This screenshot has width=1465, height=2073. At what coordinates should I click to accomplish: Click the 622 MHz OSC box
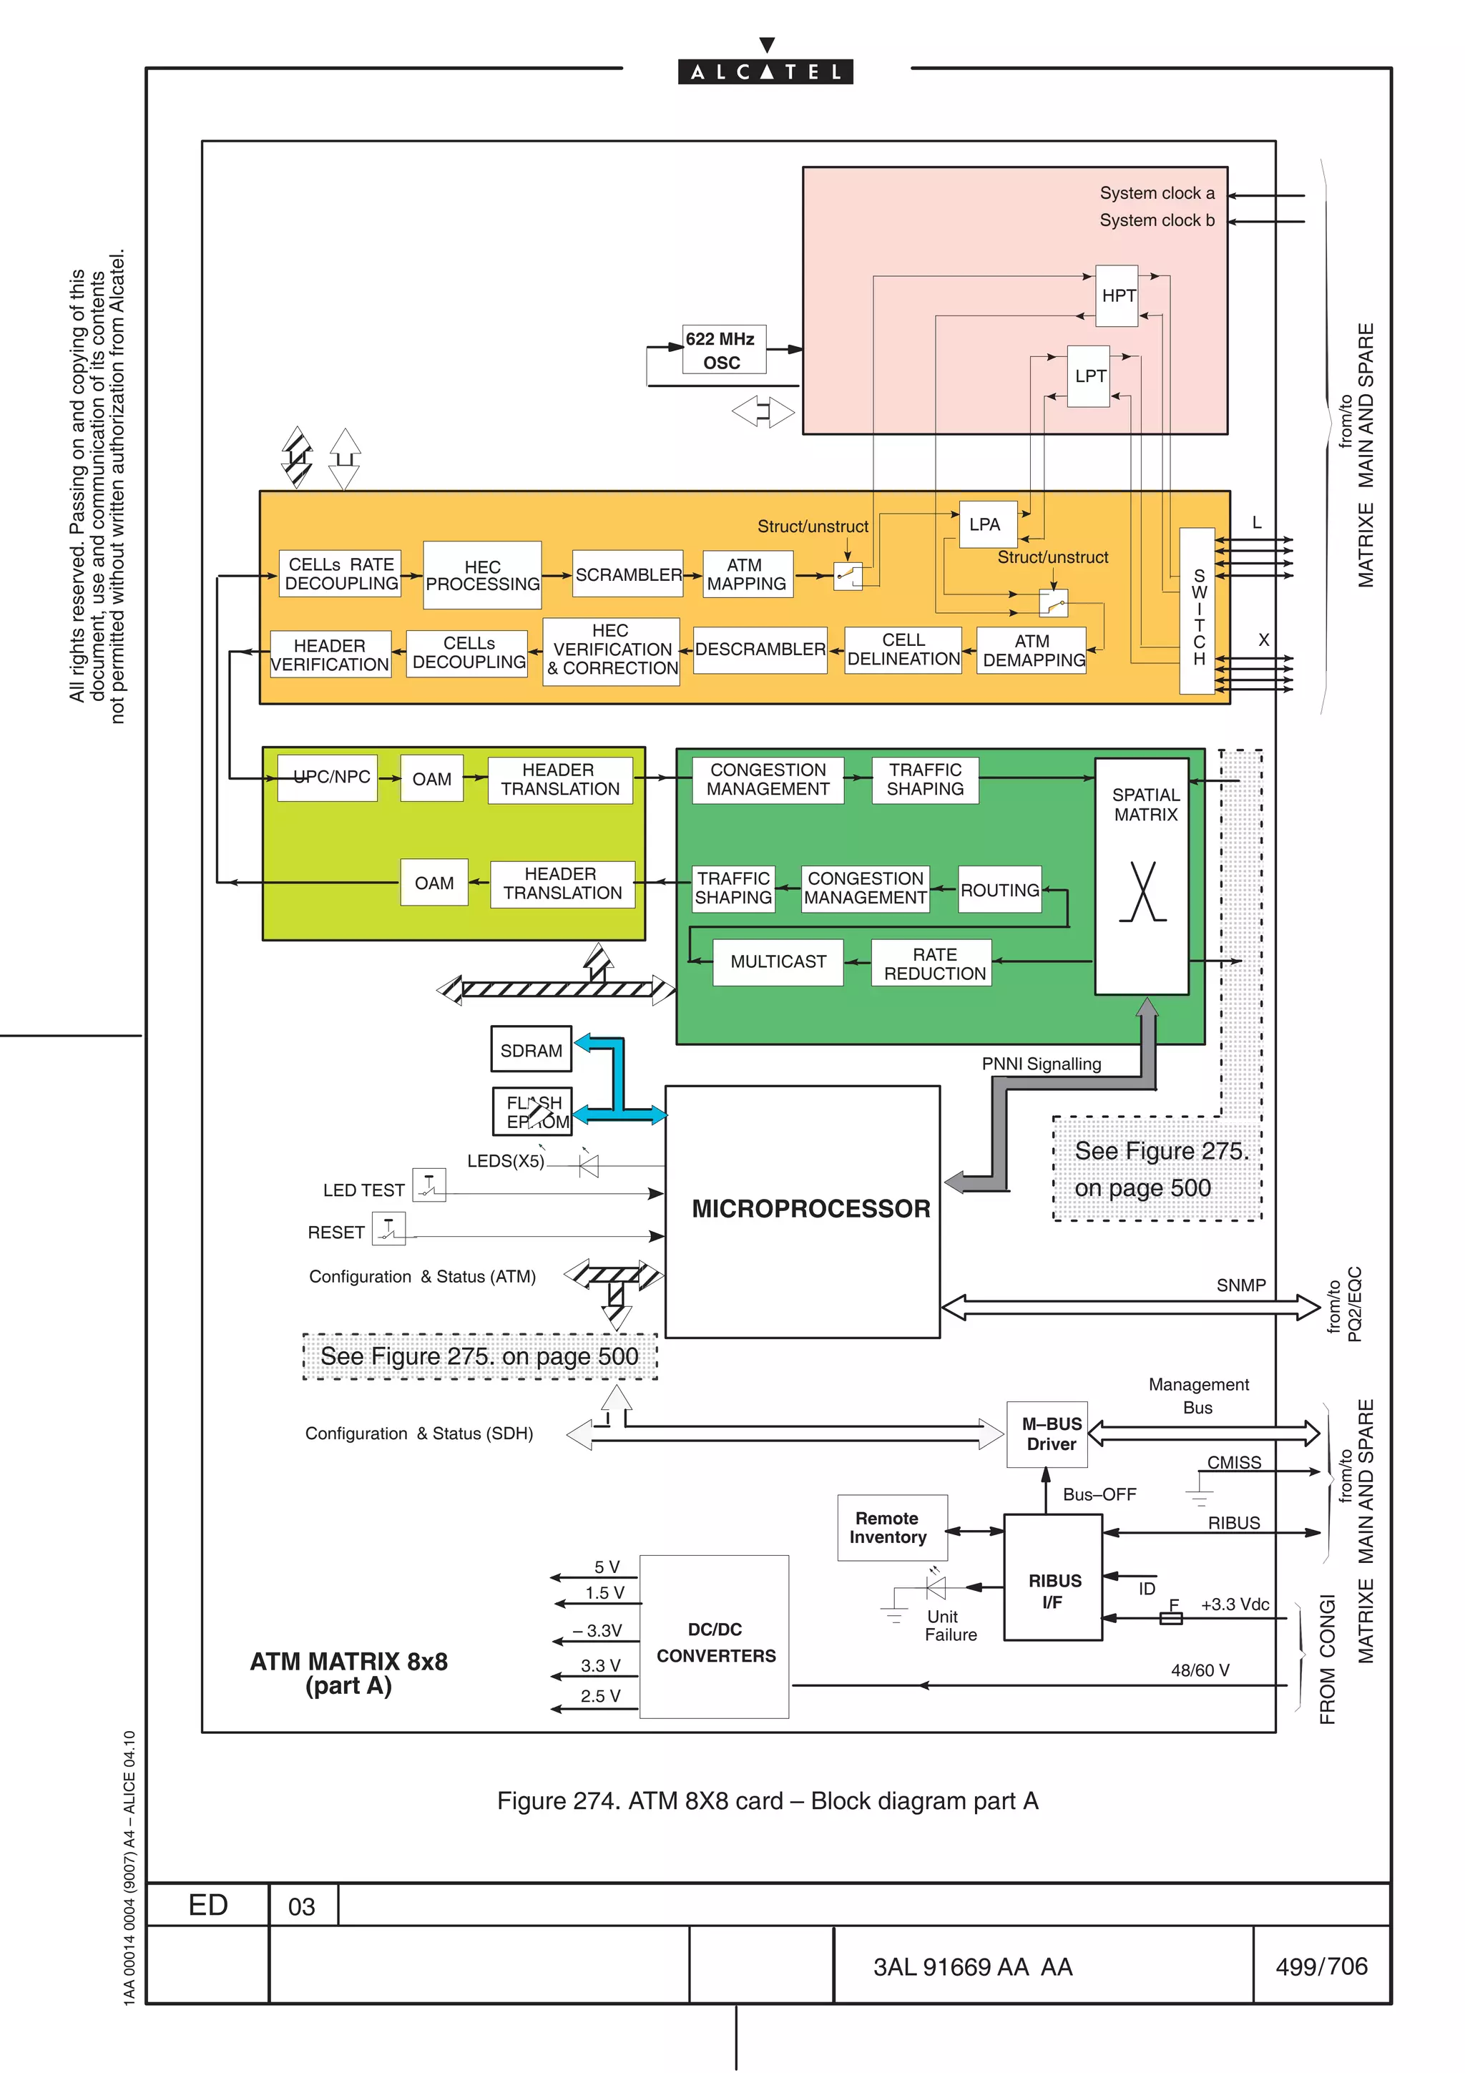[x=724, y=351]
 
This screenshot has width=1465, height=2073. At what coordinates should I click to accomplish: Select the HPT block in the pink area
[x=1117, y=296]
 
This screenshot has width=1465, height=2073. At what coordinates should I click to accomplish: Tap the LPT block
[x=1089, y=376]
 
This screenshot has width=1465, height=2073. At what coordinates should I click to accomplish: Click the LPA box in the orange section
[x=986, y=524]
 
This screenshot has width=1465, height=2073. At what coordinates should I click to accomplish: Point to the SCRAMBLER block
[x=627, y=574]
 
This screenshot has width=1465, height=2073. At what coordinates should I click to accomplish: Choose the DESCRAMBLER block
[x=760, y=650]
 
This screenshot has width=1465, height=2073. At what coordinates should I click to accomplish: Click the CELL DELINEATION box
[x=903, y=650]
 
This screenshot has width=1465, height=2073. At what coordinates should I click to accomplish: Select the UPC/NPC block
[x=328, y=778]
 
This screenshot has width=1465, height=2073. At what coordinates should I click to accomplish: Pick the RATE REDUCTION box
[x=934, y=964]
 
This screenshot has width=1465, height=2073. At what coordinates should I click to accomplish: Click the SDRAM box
[x=531, y=1050]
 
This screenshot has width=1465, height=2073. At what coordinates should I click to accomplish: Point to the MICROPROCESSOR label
[x=810, y=1208]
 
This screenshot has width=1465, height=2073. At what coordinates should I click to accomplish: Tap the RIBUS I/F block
[x=1054, y=1591]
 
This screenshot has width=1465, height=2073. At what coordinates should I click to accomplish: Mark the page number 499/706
[x=1321, y=1966]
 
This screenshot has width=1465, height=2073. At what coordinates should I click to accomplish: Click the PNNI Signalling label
[x=1041, y=1064]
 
